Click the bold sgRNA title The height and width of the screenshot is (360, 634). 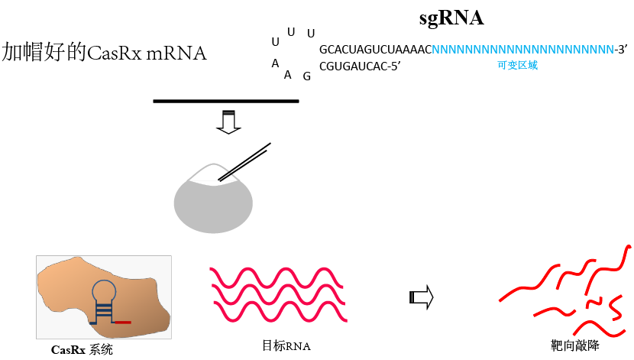tap(451, 18)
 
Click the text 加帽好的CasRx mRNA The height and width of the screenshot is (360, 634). tap(105, 53)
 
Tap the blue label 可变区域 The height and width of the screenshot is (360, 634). tap(517, 66)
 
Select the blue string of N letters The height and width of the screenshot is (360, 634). tap(522, 50)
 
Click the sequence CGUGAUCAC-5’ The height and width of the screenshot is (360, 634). tap(360, 66)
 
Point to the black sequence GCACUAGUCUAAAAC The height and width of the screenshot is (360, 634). tap(375, 50)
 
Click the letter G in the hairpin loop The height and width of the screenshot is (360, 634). tap(306, 76)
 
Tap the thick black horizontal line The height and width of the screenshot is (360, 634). tap(225, 101)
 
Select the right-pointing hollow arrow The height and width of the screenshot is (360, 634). tap(421, 297)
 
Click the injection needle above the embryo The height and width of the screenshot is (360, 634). tap(244, 162)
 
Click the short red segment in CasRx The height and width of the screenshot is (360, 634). tap(122, 323)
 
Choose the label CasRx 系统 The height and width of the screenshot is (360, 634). tap(82, 350)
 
